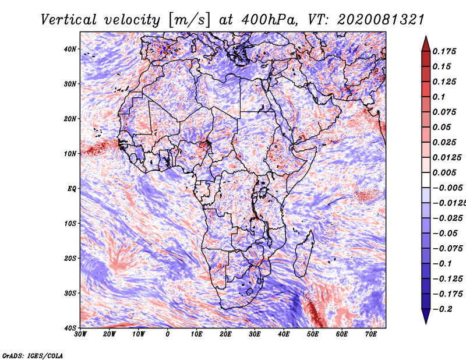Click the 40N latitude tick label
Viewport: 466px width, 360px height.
coord(70,49)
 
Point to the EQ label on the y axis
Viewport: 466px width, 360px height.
coord(72,189)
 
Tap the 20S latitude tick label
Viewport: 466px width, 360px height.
coord(70,258)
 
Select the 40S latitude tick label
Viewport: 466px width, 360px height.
coord(70,328)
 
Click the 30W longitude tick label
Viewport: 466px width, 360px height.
coord(80,334)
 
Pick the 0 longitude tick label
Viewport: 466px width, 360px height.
coord(168,334)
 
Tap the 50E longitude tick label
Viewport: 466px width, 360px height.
coord(313,334)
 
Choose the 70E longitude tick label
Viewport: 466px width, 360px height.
coord(370,334)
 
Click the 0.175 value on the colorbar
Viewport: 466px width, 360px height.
coord(444,52)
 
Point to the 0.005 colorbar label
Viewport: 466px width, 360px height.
coord(444,172)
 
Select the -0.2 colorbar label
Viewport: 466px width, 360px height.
coord(443,309)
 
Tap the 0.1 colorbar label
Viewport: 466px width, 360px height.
coord(439,97)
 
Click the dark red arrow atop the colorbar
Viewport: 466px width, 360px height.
coord(426,44)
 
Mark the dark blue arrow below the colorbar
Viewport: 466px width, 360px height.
coord(426,316)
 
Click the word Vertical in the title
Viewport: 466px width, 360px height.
coord(69,20)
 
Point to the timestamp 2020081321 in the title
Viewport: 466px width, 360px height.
coord(381,20)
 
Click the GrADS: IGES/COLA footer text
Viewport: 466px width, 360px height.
coord(33,355)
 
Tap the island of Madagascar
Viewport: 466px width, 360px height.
coord(305,254)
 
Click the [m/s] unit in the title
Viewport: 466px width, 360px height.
coord(189,20)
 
